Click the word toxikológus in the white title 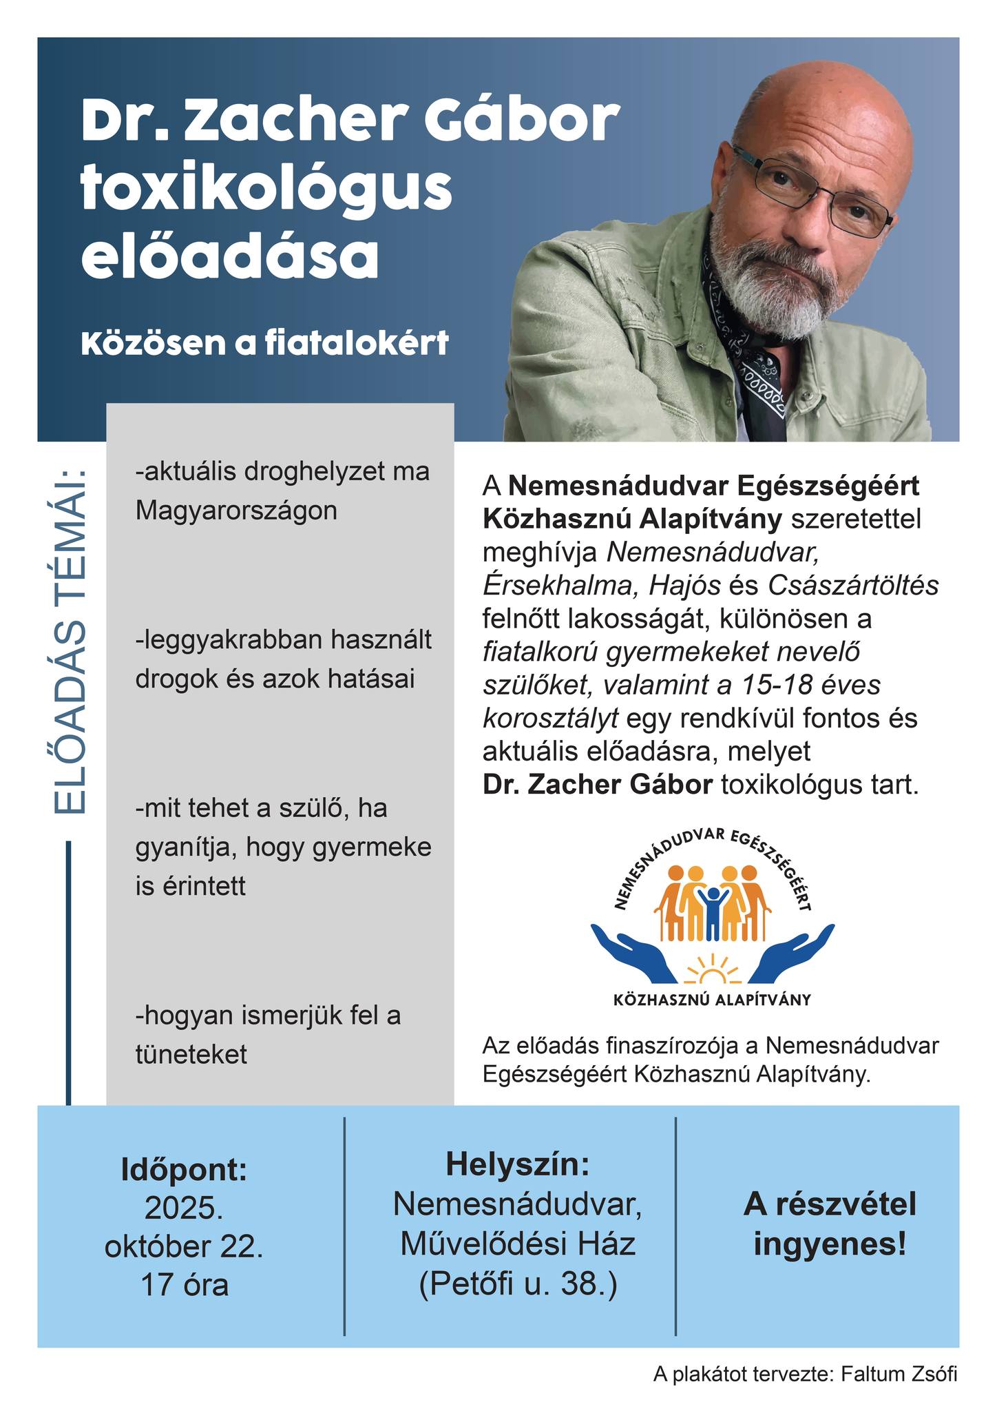tap(266, 187)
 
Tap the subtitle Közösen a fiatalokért tap(265, 343)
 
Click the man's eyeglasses tap(812, 189)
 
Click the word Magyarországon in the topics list tap(237, 511)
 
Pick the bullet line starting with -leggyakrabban tap(284, 640)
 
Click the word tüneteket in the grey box tap(191, 1053)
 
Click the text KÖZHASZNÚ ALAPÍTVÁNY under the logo tap(712, 1000)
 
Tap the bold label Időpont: tap(184, 1169)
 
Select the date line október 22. tap(184, 1247)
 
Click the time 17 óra tap(184, 1286)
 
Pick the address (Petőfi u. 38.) tap(518, 1284)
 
